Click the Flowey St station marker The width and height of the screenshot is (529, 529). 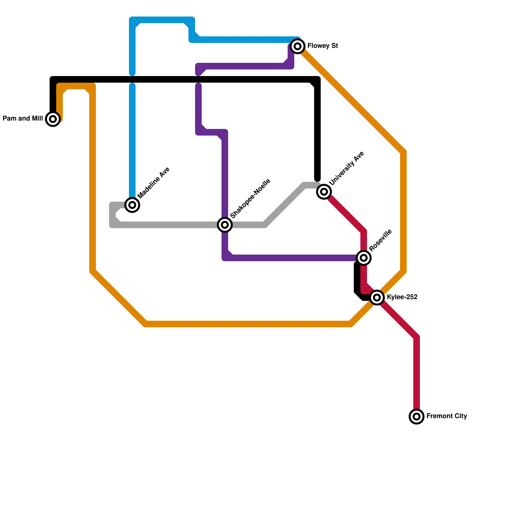pyautogui.click(x=298, y=46)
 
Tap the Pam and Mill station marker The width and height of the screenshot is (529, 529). pyautogui.click(x=53, y=119)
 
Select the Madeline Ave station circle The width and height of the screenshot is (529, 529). pyautogui.click(x=132, y=205)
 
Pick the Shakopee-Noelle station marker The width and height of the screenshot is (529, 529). pyautogui.click(x=225, y=225)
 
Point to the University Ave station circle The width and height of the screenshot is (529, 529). pyautogui.click(x=324, y=192)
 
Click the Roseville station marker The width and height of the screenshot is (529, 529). pyautogui.click(x=364, y=258)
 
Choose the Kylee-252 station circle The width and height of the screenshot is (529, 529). pyautogui.click(x=377, y=298)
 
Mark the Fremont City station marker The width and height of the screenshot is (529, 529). pyautogui.click(x=417, y=417)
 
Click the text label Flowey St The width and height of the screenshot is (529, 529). pyautogui.click(x=322, y=46)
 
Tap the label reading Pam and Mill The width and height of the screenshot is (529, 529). pyautogui.click(x=23, y=119)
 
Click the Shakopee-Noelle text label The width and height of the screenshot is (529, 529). pyautogui.click(x=250, y=199)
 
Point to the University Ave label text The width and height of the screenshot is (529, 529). pyautogui.click(x=346, y=168)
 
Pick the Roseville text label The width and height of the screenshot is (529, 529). pyautogui.click(x=380, y=240)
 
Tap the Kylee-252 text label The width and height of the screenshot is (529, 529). pyautogui.click(x=402, y=297)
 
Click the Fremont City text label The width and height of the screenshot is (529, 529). pyautogui.click(x=446, y=416)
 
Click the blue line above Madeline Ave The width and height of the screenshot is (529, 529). pyautogui.click(x=132, y=139)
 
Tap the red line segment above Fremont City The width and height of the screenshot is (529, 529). pyautogui.click(x=417, y=374)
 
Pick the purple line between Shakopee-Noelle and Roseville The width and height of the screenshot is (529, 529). pyautogui.click(x=291, y=258)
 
